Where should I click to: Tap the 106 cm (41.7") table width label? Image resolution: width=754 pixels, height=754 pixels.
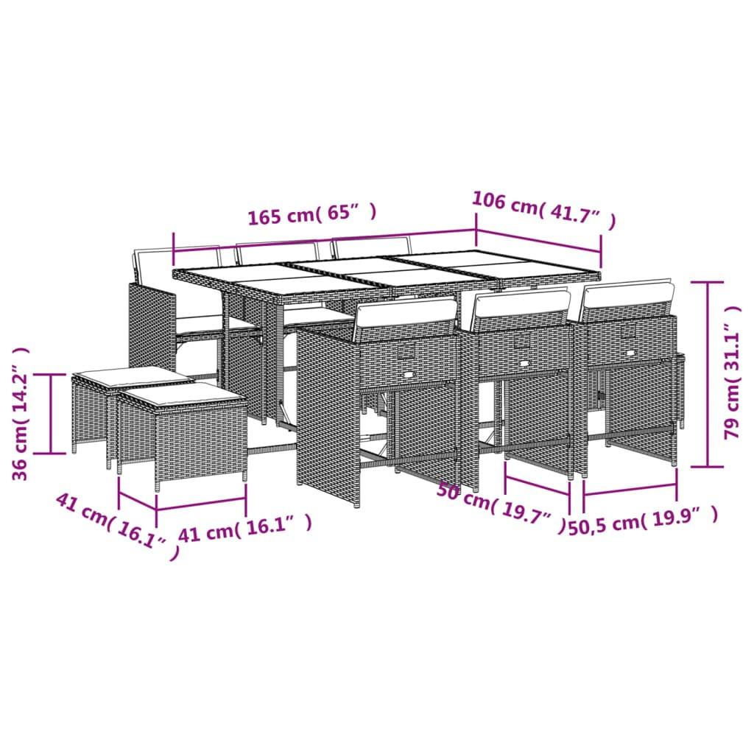(543, 211)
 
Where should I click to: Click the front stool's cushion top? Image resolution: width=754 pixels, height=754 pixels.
(181, 396)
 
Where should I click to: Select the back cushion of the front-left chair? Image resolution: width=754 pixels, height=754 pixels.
(406, 312)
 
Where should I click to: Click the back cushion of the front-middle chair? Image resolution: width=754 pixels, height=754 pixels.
(522, 304)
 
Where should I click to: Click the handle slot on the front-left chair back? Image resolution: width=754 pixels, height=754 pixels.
(406, 353)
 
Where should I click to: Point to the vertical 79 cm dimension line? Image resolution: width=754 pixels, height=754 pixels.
(708, 373)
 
